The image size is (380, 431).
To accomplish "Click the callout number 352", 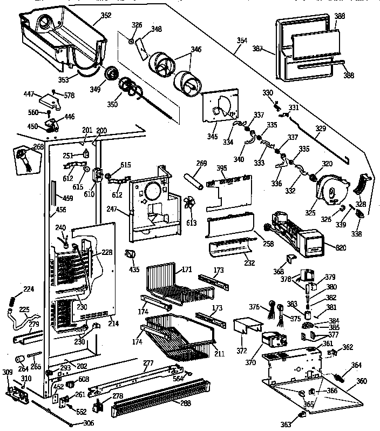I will pos(106,15).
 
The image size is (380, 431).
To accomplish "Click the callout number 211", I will pos(219,354).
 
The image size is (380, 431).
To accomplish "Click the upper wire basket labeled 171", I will pos(172,283).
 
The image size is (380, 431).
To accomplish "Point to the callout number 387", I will pos(257,49).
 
